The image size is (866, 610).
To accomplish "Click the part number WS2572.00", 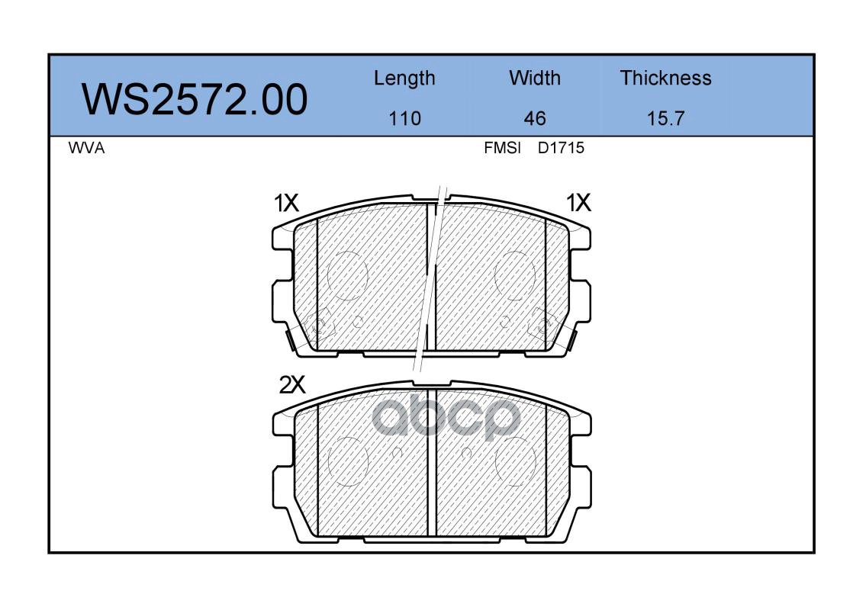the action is [x=195, y=99].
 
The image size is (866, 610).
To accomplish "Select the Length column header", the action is [x=404, y=79].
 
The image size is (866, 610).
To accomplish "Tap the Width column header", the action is [x=535, y=78].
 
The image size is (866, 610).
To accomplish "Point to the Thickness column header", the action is [x=665, y=78].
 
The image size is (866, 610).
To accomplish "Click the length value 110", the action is [x=405, y=118].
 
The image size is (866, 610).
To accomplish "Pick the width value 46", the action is [x=535, y=118].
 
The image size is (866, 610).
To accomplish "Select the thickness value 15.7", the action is [x=665, y=118].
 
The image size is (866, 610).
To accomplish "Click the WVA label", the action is [x=87, y=148].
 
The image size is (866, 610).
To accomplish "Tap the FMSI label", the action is [x=502, y=148].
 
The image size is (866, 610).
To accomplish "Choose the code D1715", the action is [x=561, y=148].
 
